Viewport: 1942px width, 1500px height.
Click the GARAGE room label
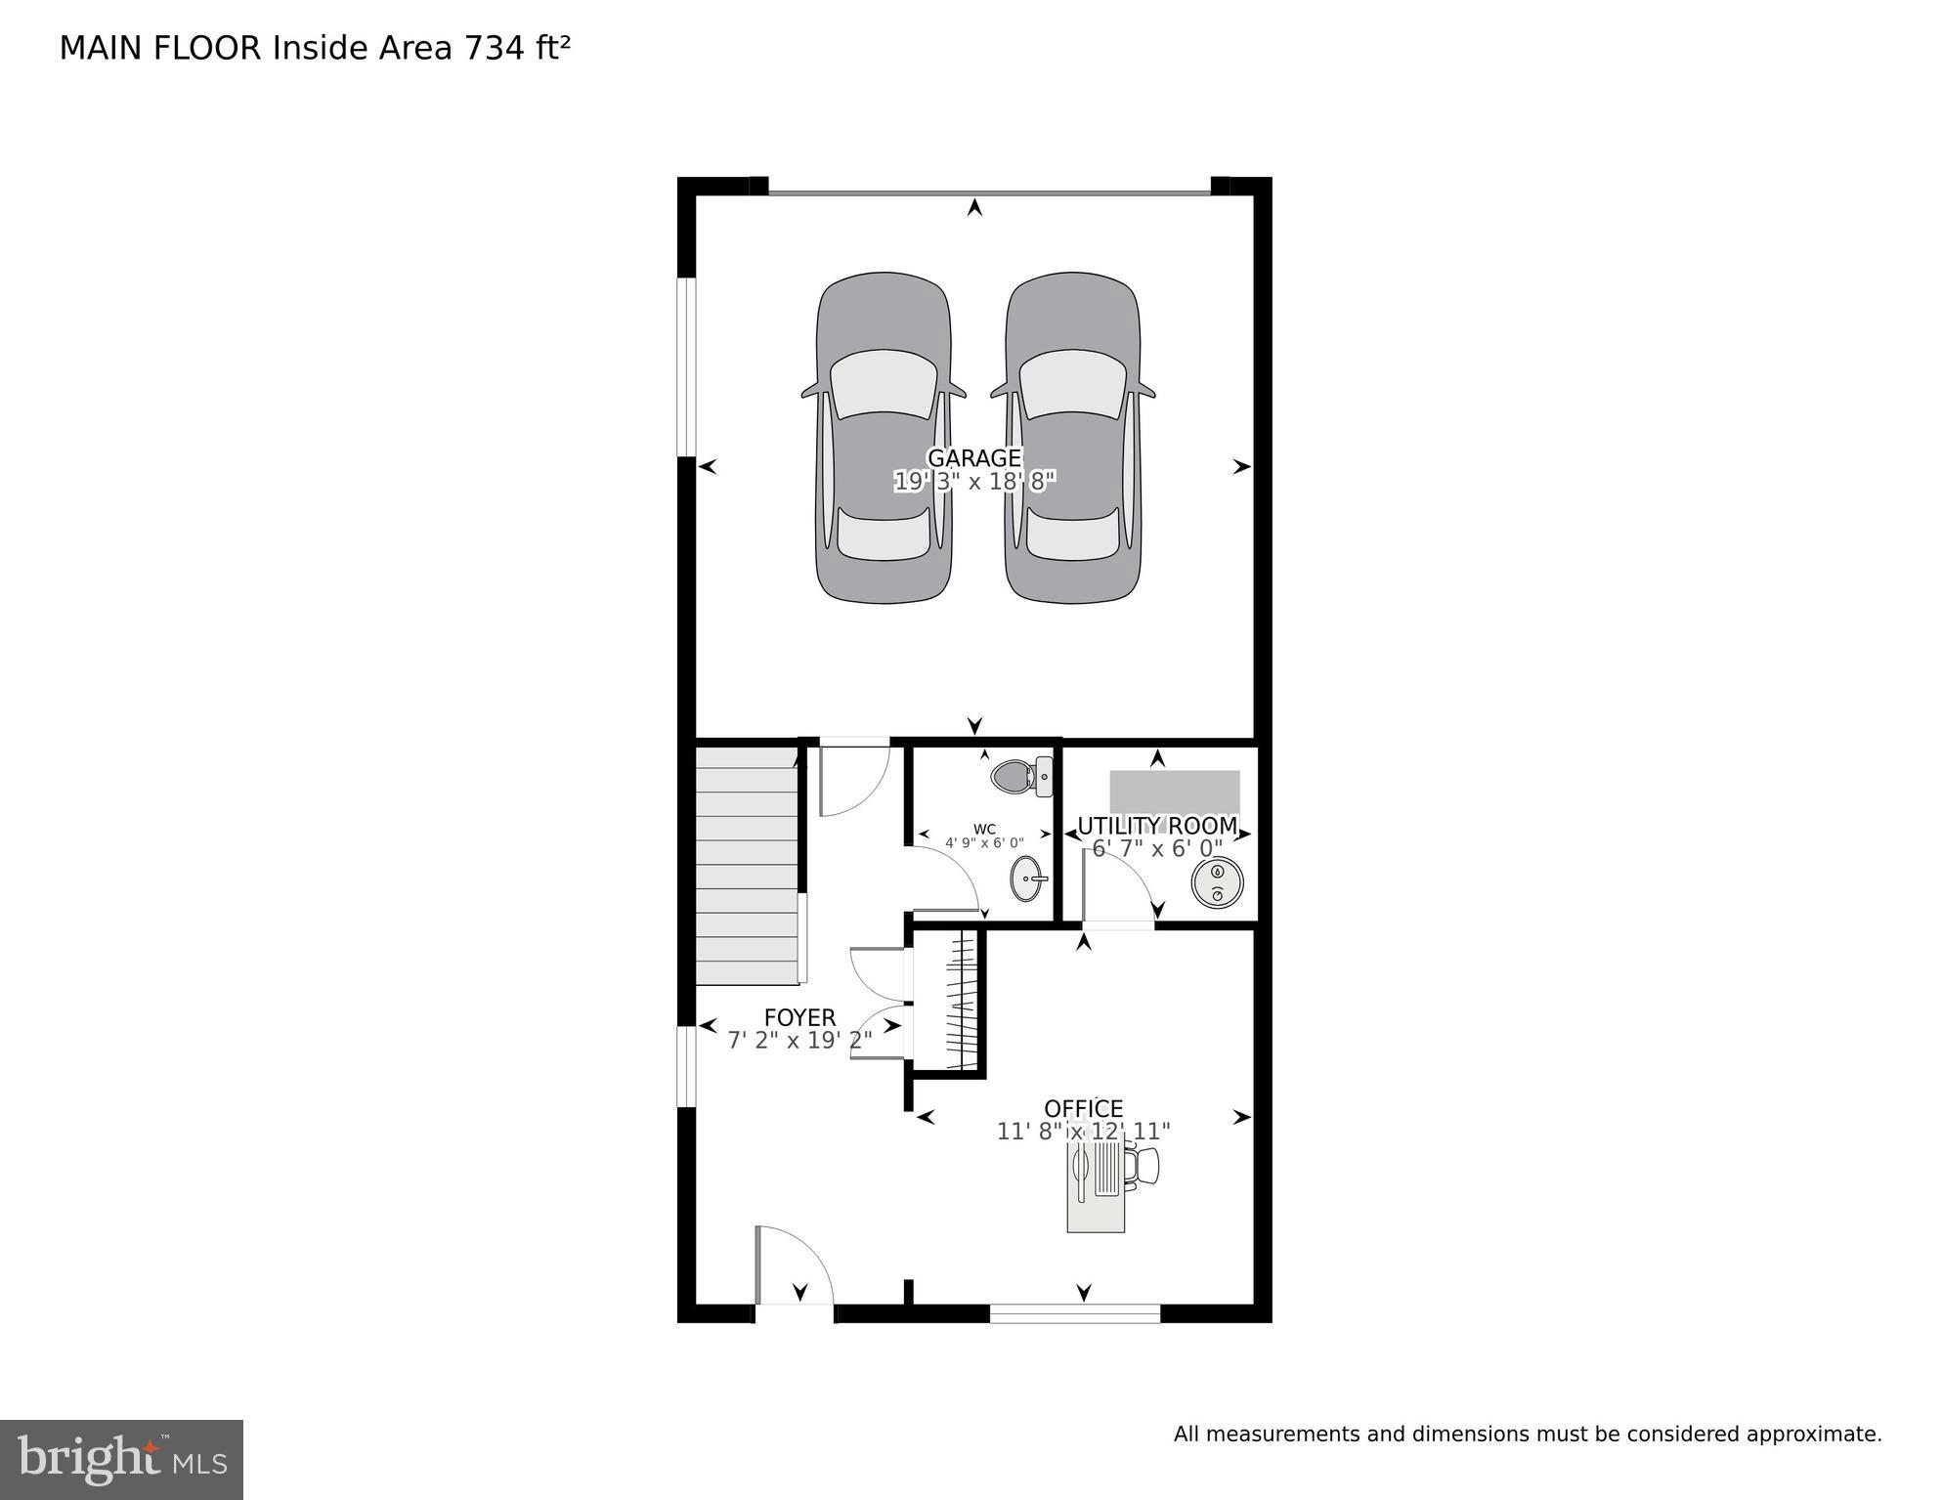pos(973,457)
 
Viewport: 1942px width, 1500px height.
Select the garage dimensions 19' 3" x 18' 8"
pos(974,482)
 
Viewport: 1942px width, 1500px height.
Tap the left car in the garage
pos(884,438)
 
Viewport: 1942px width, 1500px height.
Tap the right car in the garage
pos(1072,438)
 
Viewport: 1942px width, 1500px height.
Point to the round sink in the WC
pos(1026,879)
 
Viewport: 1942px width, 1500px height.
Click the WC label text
pos(984,830)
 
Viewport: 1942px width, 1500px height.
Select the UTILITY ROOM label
pos(1157,827)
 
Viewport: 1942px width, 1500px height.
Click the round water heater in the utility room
pos(1217,883)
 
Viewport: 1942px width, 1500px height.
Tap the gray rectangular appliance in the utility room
pos(1174,791)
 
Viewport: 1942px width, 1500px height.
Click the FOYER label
pos(799,1018)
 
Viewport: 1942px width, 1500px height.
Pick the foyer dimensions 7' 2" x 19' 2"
pos(799,1041)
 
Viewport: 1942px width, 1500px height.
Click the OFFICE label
pos(1083,1109)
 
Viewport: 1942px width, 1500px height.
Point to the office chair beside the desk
pos(1144,1166)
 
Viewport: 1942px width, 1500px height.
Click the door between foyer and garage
pos(852,780)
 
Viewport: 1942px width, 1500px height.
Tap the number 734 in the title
pos(495,49)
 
